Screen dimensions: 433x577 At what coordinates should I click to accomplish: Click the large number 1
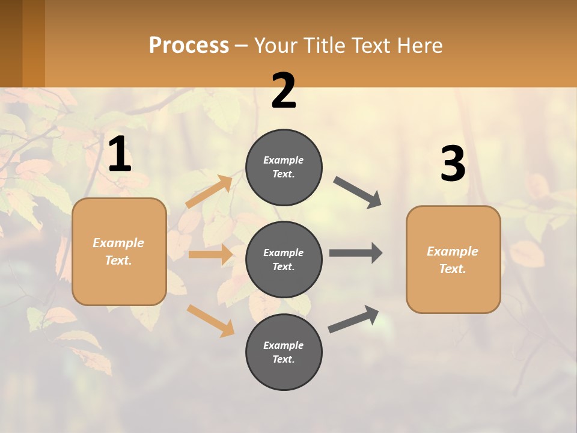pos(120,155)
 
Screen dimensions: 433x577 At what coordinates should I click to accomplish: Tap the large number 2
pos(284,91)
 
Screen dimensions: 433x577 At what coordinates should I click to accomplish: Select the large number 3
pos(453,164)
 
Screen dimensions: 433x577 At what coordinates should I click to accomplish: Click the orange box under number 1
pos(119,251)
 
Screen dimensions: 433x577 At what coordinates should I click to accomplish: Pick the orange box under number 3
pos(453,260)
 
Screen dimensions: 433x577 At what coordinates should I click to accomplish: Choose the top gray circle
pos(284,167)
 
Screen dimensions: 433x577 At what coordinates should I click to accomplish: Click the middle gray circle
pos(284,259)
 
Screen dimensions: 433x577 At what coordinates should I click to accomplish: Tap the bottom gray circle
pos(284,352)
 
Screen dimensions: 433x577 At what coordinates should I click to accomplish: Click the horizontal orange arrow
pos(210,254)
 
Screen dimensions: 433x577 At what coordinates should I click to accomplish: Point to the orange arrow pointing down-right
pos(211,320)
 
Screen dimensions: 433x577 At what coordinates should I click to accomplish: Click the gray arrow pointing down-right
pos(358,192)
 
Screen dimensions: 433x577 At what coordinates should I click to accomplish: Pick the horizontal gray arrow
pos(356,253)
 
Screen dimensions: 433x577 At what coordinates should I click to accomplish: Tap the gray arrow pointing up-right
pos(354,319)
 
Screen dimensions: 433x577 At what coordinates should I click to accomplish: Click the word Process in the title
pos(189,45)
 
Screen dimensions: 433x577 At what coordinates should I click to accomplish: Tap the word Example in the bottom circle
pos(283,345)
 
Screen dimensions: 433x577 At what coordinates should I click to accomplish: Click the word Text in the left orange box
pos(118,260)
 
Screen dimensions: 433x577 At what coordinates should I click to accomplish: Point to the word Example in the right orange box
pos(453,251)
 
